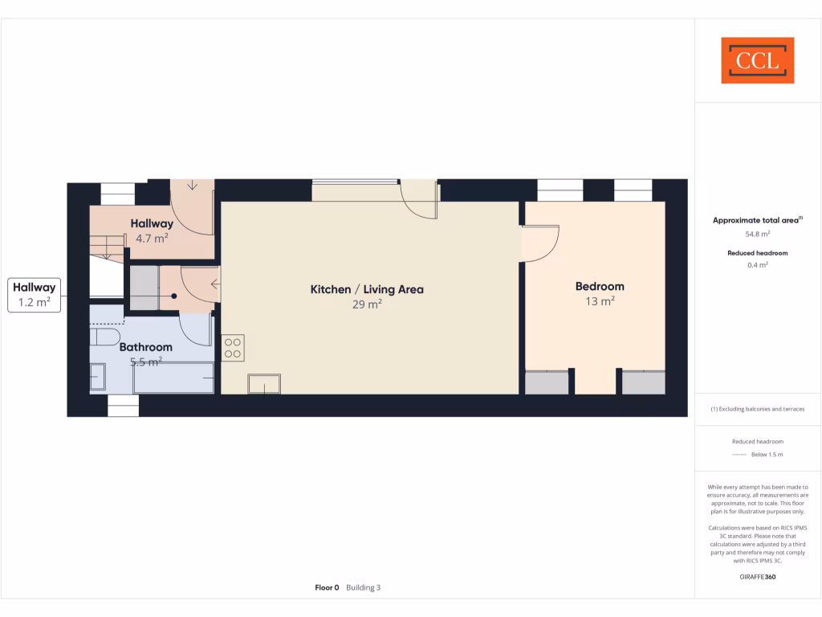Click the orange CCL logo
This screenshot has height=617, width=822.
coord(757,60)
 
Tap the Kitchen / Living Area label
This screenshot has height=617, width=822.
coord(367,289)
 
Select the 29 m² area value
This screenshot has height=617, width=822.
coord(367,304)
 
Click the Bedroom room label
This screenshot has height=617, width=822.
coord(599,286)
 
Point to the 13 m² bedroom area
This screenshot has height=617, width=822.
coord(600,301)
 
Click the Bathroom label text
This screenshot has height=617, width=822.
coord(146,347)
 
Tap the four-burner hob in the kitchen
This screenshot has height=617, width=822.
coord(233,348)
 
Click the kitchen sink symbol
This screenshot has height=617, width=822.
coord(264,384)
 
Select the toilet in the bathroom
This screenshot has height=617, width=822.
coord(105,334)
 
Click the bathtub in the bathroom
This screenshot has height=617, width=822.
coord(174,378)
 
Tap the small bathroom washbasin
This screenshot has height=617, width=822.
coord(97,377)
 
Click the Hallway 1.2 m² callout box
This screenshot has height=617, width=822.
coord(33,295)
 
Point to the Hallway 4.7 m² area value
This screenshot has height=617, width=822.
coord(152,238)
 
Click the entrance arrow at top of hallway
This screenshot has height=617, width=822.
coord(192,185)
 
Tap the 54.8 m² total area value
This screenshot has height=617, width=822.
coord(757,234)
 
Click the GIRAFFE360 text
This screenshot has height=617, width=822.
coord(757,577)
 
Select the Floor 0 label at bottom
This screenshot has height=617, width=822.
coord(327,588)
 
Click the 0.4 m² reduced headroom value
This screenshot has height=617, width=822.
coord(757,265)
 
